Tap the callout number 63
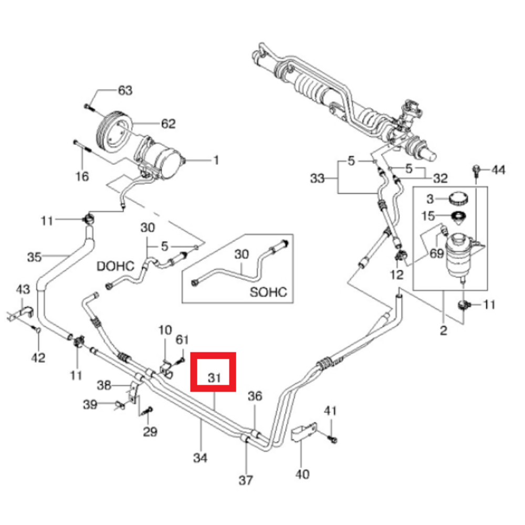coord(125,90)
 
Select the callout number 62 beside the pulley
coord(168,124)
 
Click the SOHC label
coord(269,292)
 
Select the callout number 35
coord(34,257)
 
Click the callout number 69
coord(436,254)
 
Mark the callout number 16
coord(82,176)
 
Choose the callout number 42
coord(38,358)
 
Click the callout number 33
coord(318,178)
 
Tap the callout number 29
coord(150,432)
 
